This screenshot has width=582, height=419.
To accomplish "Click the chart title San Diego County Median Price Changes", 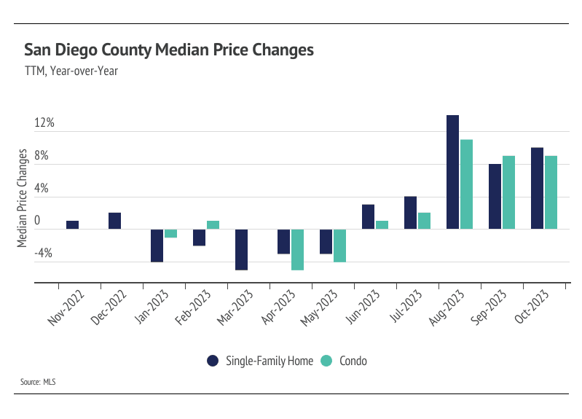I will (x=169, y=50).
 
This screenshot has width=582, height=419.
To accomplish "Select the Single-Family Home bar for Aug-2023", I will (x=453, y=172).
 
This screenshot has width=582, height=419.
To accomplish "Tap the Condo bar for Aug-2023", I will (x=467, y=184).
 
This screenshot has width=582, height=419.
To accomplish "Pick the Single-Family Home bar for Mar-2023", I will (x=242, y=249).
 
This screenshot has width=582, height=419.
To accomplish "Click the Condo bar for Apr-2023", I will (x=297, y=249).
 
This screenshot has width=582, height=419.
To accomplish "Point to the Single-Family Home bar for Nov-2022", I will (x=72, y=225).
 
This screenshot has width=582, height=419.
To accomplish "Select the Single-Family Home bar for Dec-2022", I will (x=114, y=221).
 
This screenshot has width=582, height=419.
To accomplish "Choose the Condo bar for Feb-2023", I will (x=213, y=225).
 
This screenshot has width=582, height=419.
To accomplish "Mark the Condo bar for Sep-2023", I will (x=508, y=192).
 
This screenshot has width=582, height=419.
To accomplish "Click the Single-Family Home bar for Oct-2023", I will (x=538, y=188).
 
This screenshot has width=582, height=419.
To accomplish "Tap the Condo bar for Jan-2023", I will (x=170, y=233).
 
